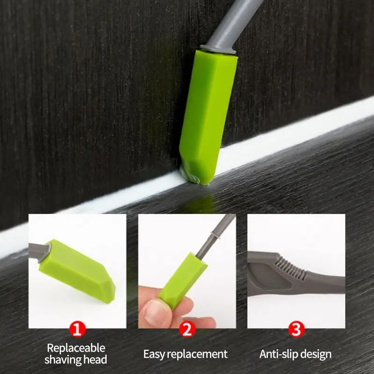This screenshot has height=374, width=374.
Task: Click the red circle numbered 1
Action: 78,330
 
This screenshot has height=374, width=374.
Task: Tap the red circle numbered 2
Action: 187,330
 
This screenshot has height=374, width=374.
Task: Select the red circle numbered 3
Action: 295,330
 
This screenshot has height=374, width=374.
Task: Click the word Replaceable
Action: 76,348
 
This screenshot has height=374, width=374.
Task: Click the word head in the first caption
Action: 96,360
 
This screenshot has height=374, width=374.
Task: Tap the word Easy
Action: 154,354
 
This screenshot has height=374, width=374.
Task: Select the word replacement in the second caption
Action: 198,354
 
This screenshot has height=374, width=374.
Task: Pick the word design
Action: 315,354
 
